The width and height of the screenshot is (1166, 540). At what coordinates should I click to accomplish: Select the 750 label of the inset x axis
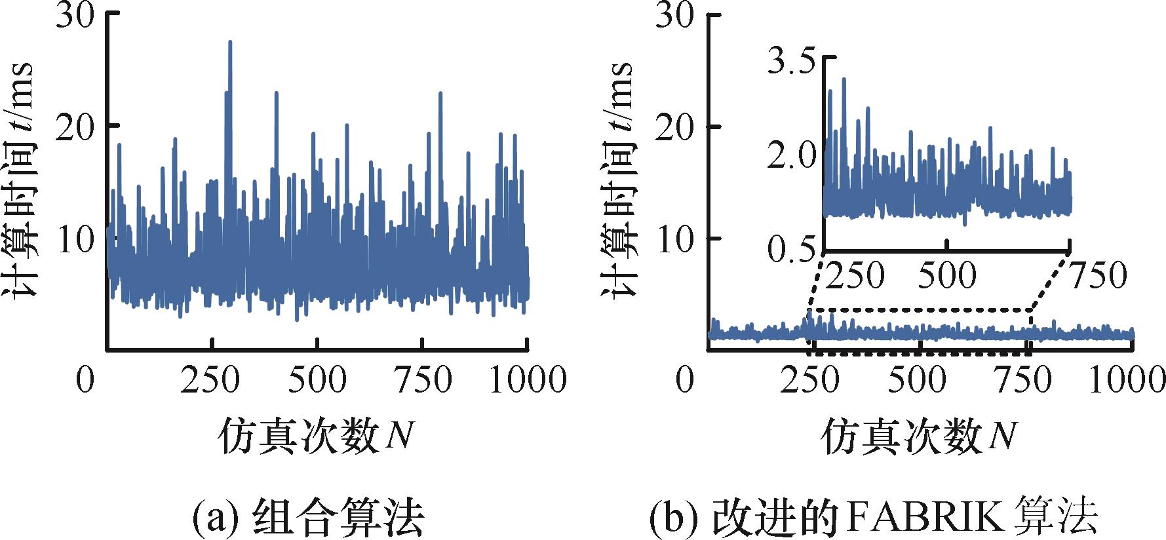click(x=1097, y=275)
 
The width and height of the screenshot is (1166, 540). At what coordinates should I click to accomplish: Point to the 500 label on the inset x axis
click(x=947, y=275)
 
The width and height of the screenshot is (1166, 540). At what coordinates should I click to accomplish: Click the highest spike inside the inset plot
click(x=844, y=79)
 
